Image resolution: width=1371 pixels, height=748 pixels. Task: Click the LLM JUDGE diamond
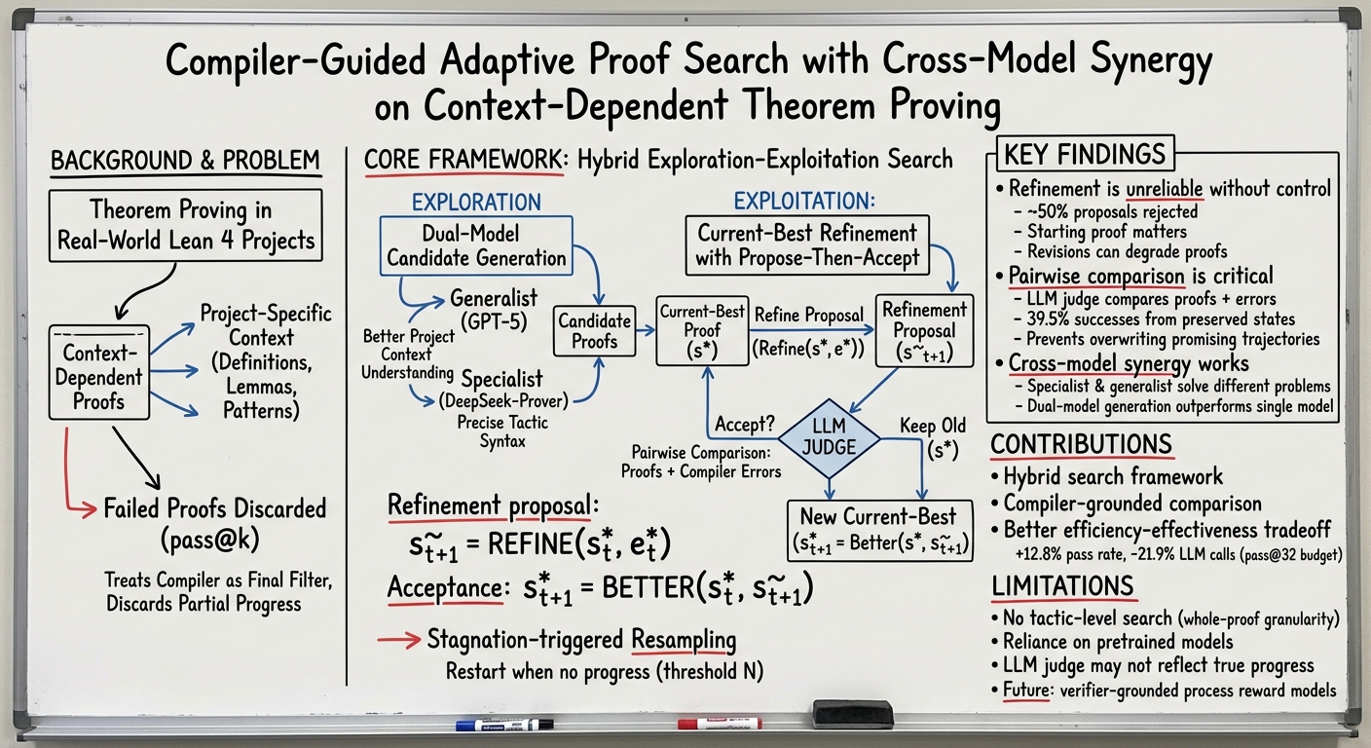coord(829,438)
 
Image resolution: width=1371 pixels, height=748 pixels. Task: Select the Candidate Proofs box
coord(594,331)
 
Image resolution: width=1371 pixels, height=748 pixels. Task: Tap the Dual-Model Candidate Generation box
coord(476,245)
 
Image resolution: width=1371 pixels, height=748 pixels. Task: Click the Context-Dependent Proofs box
coord(99,373)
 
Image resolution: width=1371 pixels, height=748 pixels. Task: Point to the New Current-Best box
coord(879,531)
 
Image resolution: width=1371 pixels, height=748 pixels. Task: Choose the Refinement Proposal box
coord(924,331)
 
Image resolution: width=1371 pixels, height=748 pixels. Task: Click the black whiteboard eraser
coord(853,714)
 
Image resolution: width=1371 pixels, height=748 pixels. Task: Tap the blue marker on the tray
coord(504,726)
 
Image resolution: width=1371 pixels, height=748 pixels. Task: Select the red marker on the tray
coord(720,724)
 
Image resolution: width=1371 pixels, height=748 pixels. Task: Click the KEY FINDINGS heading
coord(1085,154)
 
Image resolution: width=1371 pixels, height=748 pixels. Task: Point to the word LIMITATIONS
coord(1063,585)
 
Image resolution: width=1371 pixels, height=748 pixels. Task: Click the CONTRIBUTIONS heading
coord(1082,444)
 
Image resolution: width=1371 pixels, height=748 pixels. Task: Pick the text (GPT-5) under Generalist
coord(494,322)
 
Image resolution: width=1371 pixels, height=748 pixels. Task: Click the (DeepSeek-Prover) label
coord(503,401)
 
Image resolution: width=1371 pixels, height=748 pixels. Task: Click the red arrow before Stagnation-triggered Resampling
coord(399,640)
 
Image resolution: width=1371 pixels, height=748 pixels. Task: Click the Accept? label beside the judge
coord(744,424)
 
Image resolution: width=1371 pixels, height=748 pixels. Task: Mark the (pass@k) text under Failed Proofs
coord(210,540)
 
